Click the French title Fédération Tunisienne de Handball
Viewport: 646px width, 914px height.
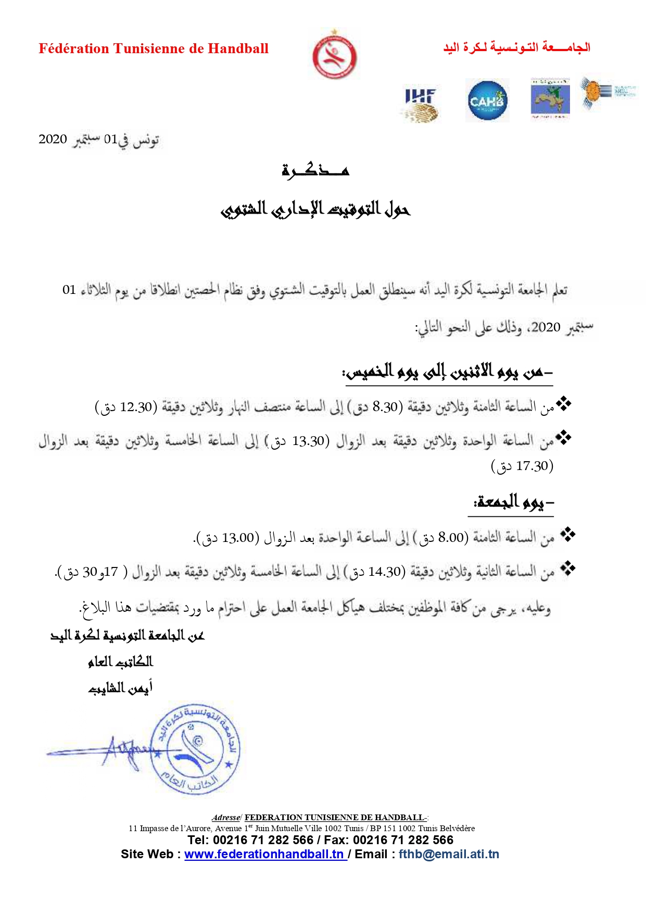click(154, 49)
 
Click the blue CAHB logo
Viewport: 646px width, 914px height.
click(487, 101)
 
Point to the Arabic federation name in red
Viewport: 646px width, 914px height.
click(516, 48)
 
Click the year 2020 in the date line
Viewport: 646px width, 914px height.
click(53, 139)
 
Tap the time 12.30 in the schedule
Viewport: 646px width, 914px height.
click(136, 407)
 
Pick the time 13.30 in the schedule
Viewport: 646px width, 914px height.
click(308, 441)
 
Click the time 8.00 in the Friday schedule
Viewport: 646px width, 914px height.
click(451, 537)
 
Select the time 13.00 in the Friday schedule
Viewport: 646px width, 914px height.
click(238, 537)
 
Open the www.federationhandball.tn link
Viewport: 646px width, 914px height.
click(264, 854)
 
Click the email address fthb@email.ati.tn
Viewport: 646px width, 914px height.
click(449, 854)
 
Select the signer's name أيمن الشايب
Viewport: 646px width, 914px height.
click(120, 688)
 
